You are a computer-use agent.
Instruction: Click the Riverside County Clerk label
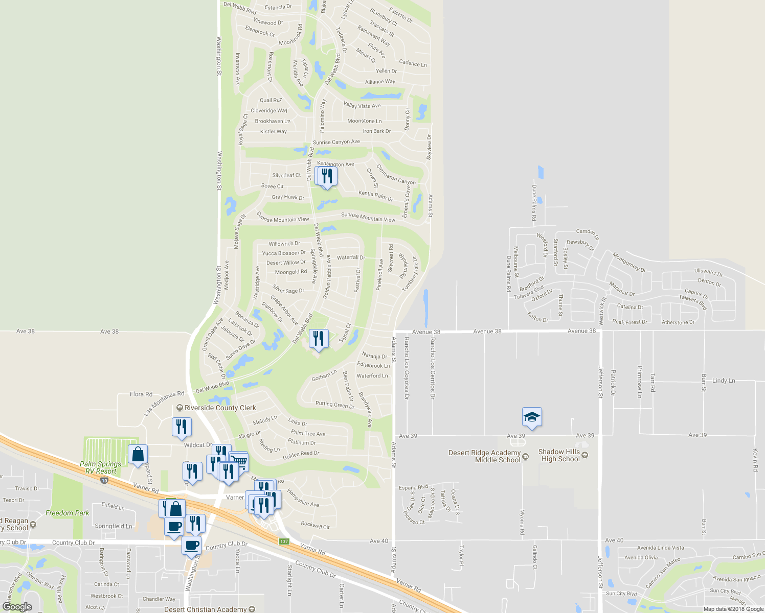tap(220, 408)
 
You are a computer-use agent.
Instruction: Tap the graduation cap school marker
tap(532, 417)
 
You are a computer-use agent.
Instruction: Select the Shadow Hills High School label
tap(560, 455)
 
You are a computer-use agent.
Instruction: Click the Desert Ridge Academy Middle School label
tap(484, 456)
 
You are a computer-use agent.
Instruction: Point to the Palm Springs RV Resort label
tap(101, 467)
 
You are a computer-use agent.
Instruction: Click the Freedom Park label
tap(67, 513)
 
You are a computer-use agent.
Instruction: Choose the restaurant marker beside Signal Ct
tap(318, 339)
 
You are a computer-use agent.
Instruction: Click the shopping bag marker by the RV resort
tap(138, 454)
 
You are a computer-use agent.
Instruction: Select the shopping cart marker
tap(239, 462)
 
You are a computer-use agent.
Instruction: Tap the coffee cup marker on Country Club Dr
tap(192, 545)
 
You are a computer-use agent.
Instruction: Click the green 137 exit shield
tap(284, 541)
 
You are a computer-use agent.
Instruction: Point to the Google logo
tap(17, 607)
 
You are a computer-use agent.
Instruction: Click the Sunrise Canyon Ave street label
tap(336, 142)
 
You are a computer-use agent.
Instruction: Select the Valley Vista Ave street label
tap(362, 106)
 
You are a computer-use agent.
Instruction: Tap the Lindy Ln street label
tap(724, 381)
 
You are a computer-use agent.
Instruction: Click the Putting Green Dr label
tap(335, 405)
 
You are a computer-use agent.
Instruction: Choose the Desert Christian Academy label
tap(206, 609)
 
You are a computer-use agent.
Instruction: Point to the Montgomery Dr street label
tap(629, 263)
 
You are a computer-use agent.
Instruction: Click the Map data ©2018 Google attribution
tap(733, 609)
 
